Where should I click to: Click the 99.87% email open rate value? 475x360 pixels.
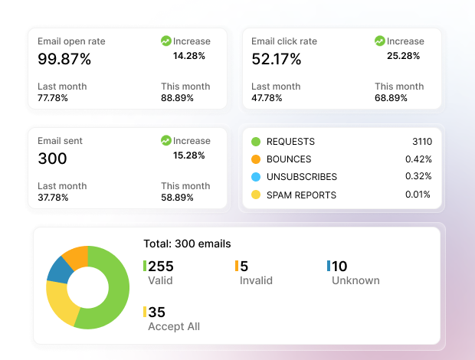click(64, 59)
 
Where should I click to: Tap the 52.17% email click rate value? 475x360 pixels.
click(277, 59)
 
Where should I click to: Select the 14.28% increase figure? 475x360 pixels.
click(189, 56)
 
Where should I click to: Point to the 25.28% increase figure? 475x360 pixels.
click(403, 56)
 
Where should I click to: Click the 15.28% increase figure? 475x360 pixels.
click(189, 155)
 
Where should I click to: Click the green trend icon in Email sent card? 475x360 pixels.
click(166, 141)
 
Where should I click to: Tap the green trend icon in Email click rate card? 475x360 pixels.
click(380, 41)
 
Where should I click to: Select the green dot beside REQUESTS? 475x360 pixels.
click(256, 142)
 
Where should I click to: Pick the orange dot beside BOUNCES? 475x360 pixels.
click(256, 159)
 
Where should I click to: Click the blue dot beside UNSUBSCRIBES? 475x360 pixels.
click(256, 177)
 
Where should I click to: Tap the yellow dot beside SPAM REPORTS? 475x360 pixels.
click(256, 195)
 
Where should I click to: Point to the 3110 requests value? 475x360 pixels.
click(421, 142)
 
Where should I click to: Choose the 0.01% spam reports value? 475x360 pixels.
click(419, 195)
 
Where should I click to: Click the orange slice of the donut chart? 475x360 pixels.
click(75, 255)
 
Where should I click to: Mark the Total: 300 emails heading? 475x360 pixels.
click(187, 244)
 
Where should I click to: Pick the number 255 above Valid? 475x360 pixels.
click(161, 267)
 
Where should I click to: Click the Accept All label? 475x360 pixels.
click(174, 326)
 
